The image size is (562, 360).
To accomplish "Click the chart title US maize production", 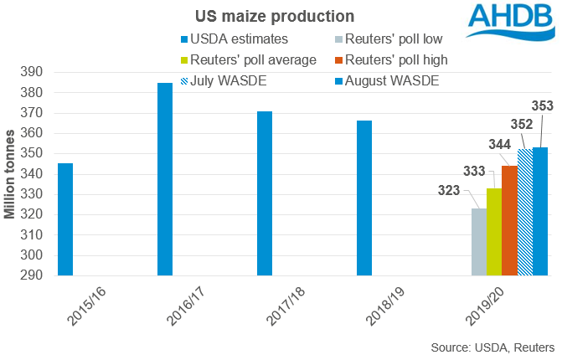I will click(264, 16).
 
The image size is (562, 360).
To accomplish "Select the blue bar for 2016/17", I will click(165, 179).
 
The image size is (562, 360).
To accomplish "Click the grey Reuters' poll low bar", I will click(479, 242).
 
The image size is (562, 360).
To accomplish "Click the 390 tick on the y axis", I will click(34, 73).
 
